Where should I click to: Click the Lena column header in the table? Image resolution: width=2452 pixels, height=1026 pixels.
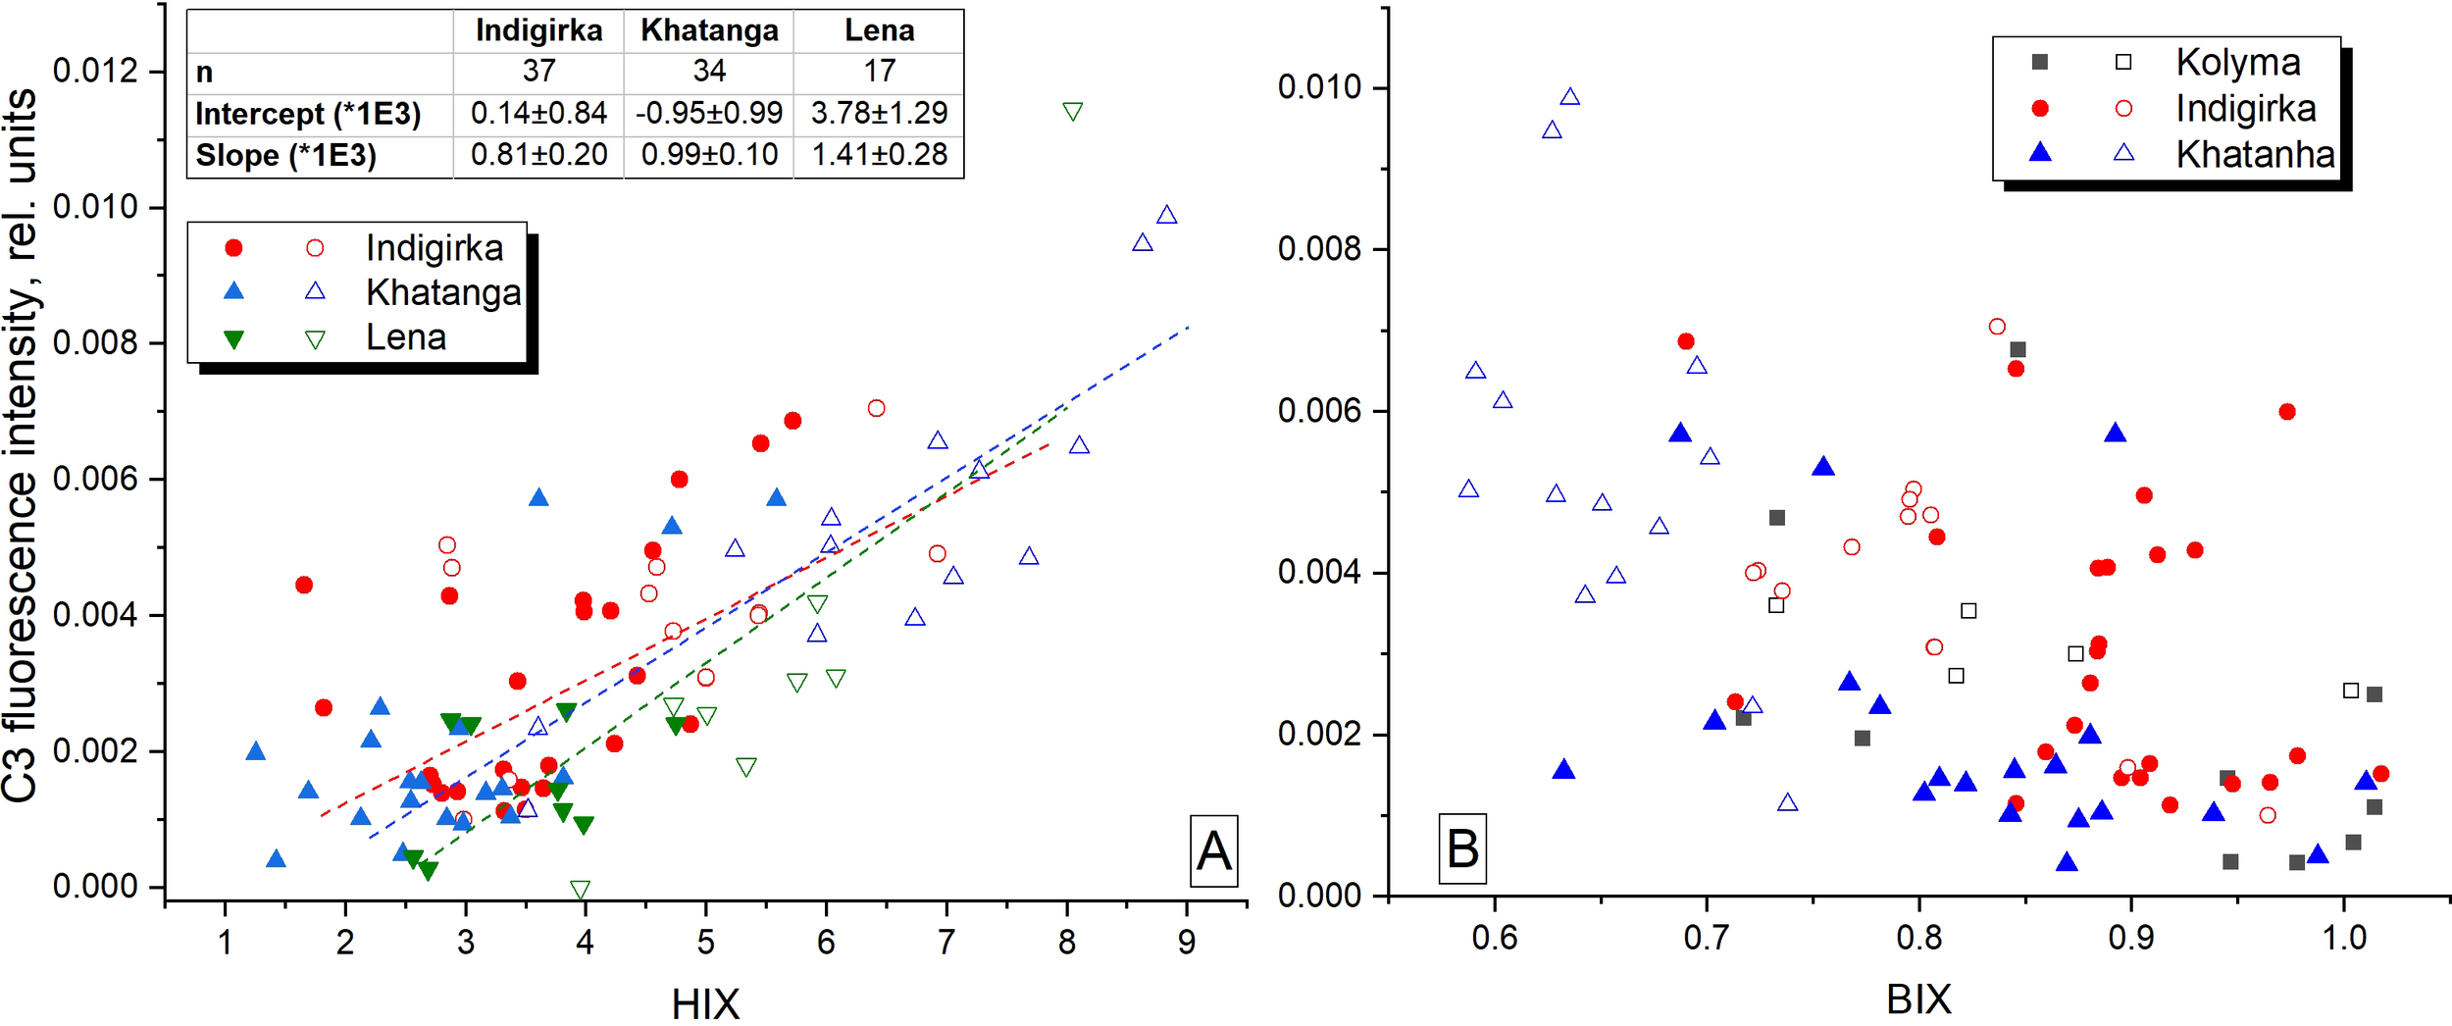pos(879,30)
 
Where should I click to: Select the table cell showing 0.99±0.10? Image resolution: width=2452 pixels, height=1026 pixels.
pos(709,155)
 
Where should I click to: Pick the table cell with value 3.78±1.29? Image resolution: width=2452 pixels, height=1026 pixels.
pos(879,113)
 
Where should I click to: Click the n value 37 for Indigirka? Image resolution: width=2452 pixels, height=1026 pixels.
pos(538,71)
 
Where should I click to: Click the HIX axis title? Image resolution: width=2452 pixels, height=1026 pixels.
pos(705,1002)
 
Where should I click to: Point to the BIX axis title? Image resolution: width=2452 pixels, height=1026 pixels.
pos(1918,999)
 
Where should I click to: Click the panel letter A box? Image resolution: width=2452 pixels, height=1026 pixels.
pos(1213,850)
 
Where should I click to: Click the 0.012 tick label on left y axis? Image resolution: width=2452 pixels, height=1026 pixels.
pos(95,72)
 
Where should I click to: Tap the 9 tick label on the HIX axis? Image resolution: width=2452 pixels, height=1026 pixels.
pos(1187,942)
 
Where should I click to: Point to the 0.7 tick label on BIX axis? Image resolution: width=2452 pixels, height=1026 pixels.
pos(1707,938)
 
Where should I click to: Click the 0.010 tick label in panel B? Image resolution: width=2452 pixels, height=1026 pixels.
pos(1320,87)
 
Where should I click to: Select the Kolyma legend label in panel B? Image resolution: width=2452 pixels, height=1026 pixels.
pos(2238,63)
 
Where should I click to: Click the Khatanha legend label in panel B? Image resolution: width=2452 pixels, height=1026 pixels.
pos(2255,155)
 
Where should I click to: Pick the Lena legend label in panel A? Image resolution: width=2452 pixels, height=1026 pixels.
pos(406,337)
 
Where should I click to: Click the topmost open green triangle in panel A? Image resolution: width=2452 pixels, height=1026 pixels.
pos(1072,112)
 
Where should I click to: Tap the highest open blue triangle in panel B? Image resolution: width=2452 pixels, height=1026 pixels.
pos(1570,97)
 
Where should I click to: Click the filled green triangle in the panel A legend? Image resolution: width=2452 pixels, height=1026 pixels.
pos(233,339)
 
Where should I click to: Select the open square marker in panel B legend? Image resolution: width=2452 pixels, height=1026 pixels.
pos(2123,62)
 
